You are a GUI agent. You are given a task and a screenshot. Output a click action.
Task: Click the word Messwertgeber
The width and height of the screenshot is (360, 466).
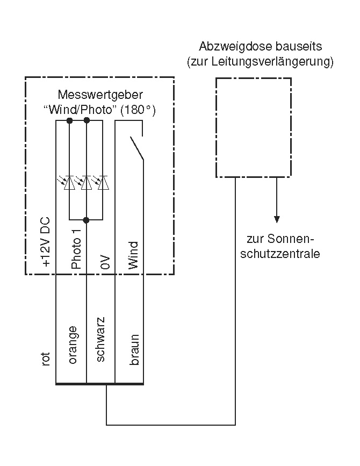100,95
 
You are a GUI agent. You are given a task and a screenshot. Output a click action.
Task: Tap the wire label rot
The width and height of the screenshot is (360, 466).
46,359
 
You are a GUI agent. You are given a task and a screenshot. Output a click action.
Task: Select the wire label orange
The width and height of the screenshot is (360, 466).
74,345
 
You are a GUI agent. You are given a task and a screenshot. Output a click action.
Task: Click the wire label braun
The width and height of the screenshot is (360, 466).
134,350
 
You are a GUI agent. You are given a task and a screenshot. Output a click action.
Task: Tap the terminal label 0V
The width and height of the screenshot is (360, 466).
105,262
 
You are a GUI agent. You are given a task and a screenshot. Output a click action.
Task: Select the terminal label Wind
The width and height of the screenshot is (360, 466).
134,255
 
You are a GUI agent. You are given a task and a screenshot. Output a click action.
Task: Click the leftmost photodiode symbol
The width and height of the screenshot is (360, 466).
69,183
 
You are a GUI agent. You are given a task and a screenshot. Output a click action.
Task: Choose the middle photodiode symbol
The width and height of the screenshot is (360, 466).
85,183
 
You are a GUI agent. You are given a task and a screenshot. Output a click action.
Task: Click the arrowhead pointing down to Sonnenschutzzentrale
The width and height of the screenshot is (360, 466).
277,219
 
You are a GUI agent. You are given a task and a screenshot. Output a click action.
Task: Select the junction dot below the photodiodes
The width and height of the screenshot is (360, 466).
87,220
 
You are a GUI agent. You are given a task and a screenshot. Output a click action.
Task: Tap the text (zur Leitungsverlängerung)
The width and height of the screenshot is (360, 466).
260,62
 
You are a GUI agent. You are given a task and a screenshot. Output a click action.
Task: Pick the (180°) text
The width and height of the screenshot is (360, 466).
138,110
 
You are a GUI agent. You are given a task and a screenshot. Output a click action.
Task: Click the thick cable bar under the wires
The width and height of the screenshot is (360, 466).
99,384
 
